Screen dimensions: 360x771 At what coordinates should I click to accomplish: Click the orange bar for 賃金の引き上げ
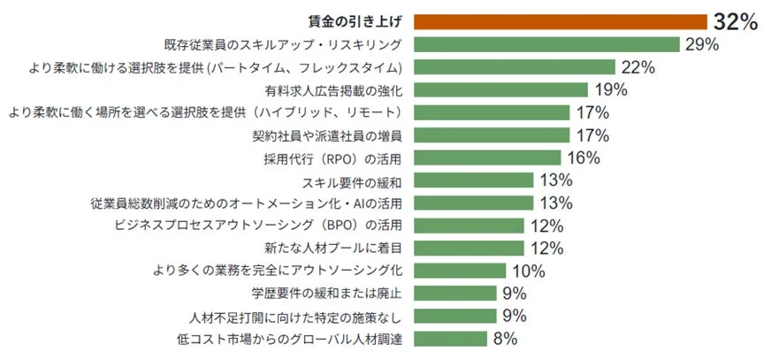pyautogui.click(x=560, y=22)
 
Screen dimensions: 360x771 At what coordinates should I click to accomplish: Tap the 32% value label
pyautogui.click(x=736, y=23)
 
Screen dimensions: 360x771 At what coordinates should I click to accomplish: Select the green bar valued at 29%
pyautogui.click(x=546, y=44)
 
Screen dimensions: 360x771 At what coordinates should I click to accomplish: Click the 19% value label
pyautogui.click(x=610, y=89)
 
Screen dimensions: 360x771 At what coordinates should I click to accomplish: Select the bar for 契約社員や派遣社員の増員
pyautogui.click(x=491, y=135)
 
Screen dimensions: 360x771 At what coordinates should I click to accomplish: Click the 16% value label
pyautogui.click(x=583, y=157)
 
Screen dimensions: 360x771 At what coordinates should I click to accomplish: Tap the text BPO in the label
pyautogui.click(x=340, y=226)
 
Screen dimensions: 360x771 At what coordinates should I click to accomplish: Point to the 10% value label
pyautogui.click(x=528, y=271)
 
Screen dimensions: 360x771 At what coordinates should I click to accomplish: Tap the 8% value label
pyautogui.click(x=505, y=339)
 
